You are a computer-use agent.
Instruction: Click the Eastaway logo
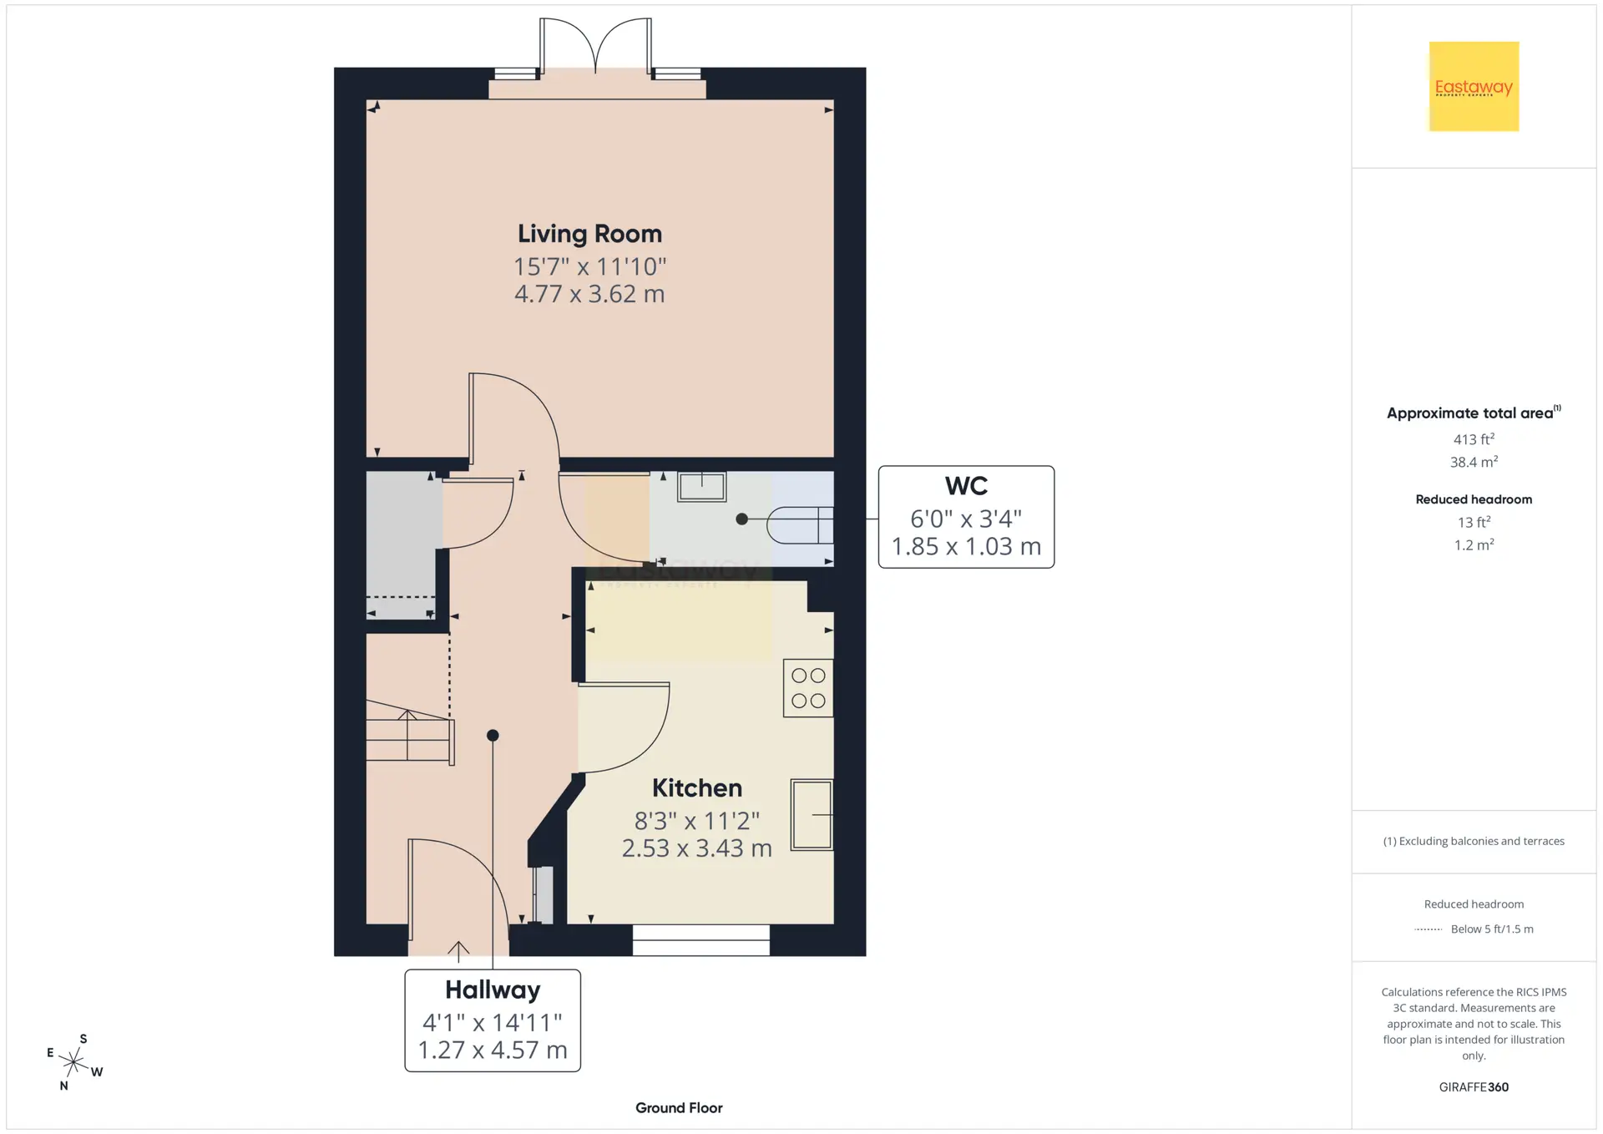(x=1474, y=86)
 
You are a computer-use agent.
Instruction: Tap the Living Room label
(x=589, y=234)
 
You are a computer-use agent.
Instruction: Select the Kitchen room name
(x=697, y=787)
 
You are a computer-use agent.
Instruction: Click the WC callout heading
(x=966, y=486)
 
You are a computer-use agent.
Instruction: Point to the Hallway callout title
(x=493, y=990)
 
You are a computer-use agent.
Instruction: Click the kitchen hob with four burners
(x=808, y=688)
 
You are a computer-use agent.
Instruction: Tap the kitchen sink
(x=812, y=815)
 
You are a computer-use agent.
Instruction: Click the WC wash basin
(x=701, y=486)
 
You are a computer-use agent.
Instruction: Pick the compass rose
(x=74, y=1062)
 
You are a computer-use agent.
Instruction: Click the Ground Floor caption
(x=679, y=1108)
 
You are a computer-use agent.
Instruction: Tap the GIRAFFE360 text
(x=1474, y=1087)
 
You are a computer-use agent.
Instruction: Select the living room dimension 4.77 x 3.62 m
(x=589, y=294)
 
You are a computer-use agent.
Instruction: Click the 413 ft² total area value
(x=1474, y=439)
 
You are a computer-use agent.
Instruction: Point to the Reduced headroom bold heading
(x=1474, y=499)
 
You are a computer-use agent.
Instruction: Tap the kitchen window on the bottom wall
(x=701, y=940)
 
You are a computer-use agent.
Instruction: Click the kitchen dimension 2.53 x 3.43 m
(x=697, y=848)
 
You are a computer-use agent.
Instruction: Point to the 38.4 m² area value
(x=1474, y=462)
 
